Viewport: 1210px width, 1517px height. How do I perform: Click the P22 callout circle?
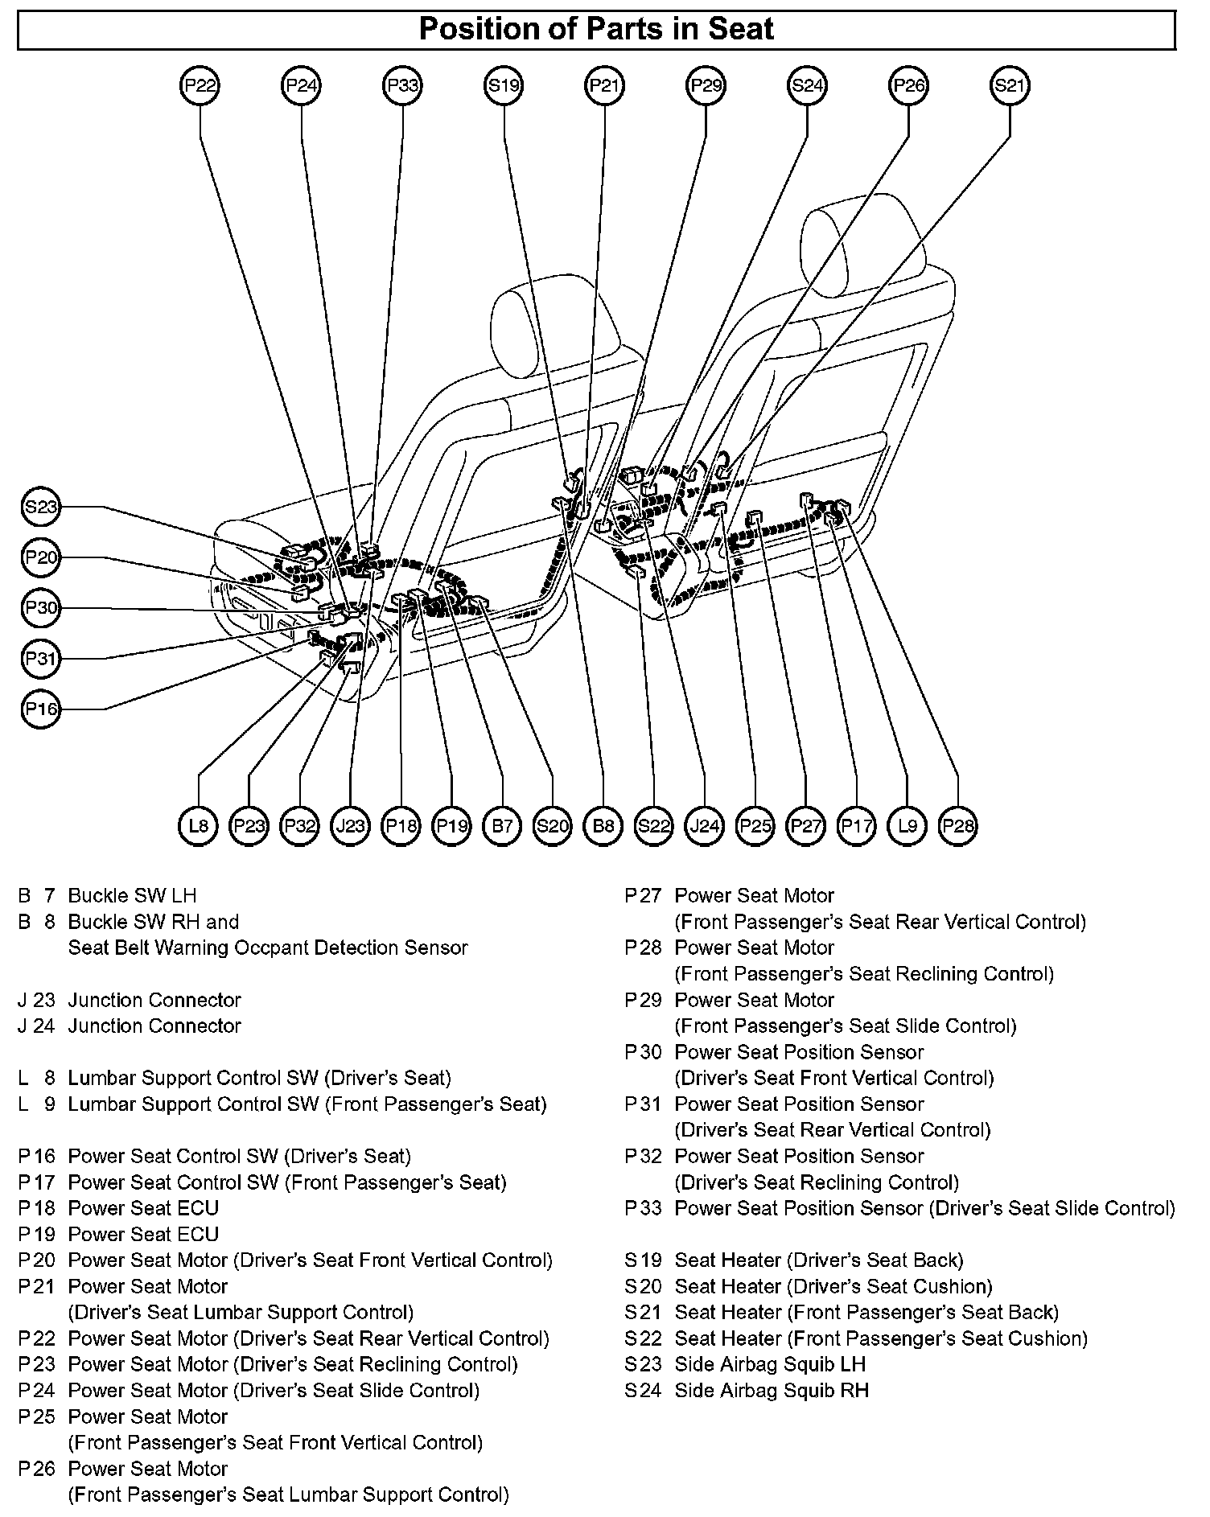(x=200, y=85)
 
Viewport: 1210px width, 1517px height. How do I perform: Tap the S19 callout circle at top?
(x=504, y=85)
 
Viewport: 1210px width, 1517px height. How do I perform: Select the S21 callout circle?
(x=1010, y=85)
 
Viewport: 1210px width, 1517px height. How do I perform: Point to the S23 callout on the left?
(x=40, y=507)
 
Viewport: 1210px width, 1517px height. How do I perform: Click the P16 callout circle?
(x=40, y=709)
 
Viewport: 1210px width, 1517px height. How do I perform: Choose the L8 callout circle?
(x=198, y=825)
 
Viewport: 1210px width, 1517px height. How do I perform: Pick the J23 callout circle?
(x=350, y=825)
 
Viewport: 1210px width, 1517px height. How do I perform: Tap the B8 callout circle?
(x=603, y=825)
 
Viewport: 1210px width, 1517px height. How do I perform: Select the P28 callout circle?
(x=958, y=825)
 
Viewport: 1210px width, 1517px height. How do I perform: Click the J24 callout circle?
(x=705, y=825)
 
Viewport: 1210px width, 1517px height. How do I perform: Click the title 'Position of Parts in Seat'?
(x=596, y=30)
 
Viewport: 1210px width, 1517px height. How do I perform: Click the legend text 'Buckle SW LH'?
(x=132, y=895)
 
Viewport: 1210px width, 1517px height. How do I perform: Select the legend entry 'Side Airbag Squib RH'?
(x=772, y=1390)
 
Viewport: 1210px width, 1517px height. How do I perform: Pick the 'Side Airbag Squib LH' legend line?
(x=770, y=1364)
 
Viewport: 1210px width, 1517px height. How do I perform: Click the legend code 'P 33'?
(x=643, y=1208)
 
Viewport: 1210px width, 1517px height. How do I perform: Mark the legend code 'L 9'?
(x=37, y=1104)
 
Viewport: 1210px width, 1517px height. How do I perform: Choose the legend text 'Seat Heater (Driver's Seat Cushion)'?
(x=833, y=1286)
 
